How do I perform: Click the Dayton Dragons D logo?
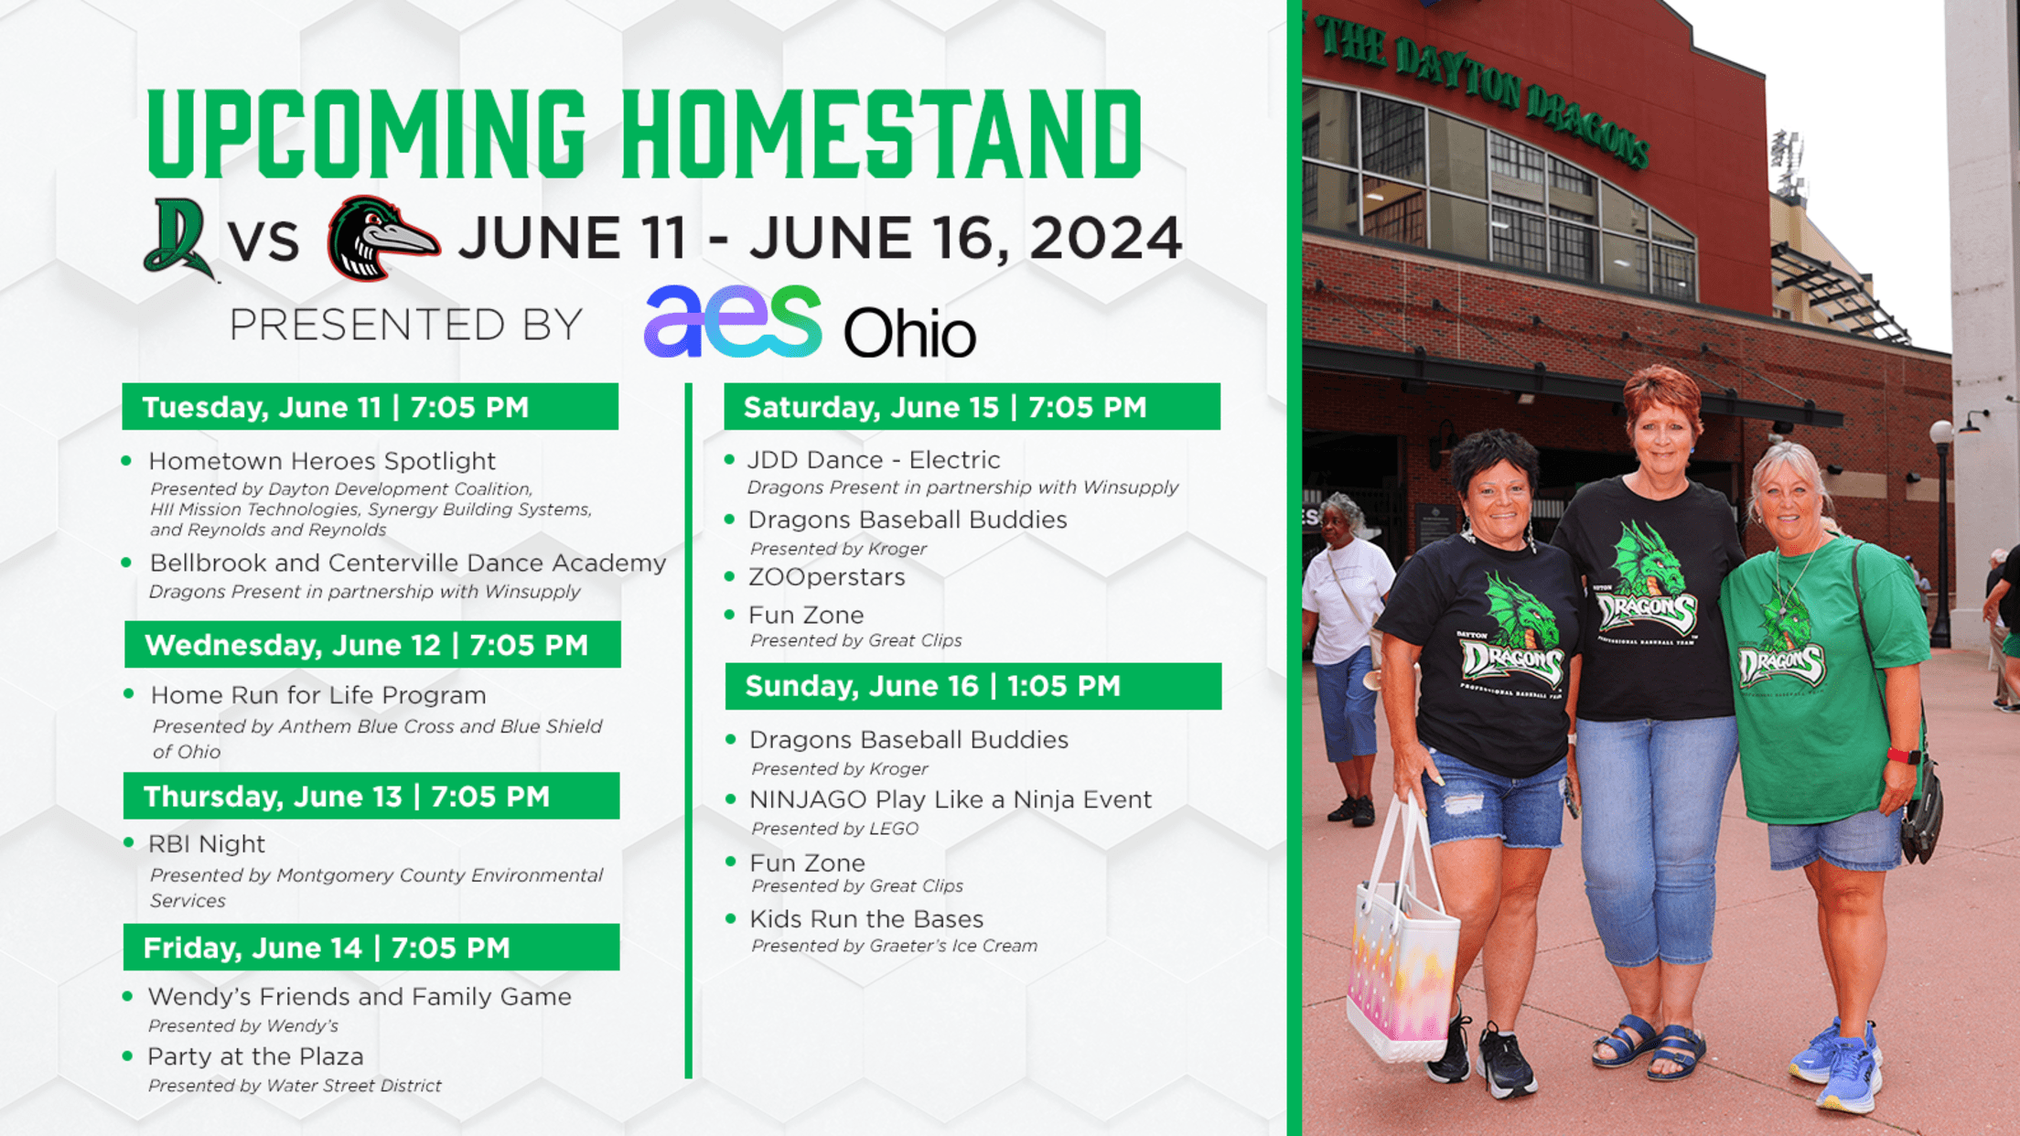179,240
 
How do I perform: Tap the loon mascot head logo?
383,238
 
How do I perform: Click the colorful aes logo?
733,321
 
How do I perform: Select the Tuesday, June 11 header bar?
371,407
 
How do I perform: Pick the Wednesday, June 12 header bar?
372,645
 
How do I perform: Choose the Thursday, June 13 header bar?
371,796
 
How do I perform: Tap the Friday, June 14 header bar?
371,948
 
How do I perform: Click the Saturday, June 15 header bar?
972,407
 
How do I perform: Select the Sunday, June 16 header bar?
973,686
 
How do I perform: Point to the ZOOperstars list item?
826,577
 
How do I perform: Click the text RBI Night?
207,844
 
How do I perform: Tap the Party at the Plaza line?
255,1057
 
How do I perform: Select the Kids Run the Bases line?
866,919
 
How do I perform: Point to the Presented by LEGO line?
834,829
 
